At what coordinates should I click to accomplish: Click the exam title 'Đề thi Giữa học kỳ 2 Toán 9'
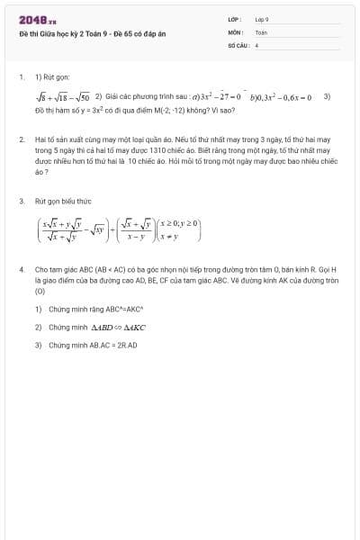[x=80, y=34]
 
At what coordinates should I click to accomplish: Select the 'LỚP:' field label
[x=235, y=19]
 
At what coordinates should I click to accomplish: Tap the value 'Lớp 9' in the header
[x=262, y=19]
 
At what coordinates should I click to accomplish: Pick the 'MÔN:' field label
[x=235, y=31]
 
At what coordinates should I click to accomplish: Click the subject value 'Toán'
[x=261, y=31]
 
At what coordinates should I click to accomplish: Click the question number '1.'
[x=22, y=77]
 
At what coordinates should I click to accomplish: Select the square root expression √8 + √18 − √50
[x=62, y=96]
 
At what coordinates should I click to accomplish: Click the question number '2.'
[x=22, y=140]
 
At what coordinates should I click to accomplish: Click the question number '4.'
[x=22, y=268]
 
